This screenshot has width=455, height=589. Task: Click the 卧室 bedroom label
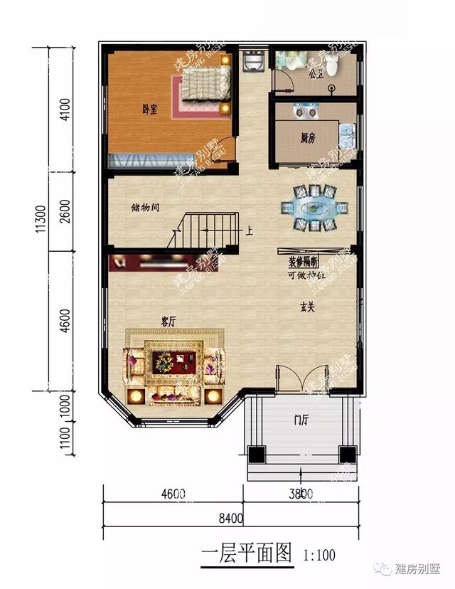coord(149,109)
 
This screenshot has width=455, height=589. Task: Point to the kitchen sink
coord(346,132)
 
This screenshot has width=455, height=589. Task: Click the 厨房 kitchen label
coord(307,139)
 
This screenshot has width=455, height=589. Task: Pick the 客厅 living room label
coord(168,322)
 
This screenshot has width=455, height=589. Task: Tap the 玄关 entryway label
coord(306,308)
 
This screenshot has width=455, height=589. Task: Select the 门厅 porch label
coord(301,420)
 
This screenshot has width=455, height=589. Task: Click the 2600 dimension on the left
coord(65,211)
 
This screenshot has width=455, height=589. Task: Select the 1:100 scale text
coord(318,554)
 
